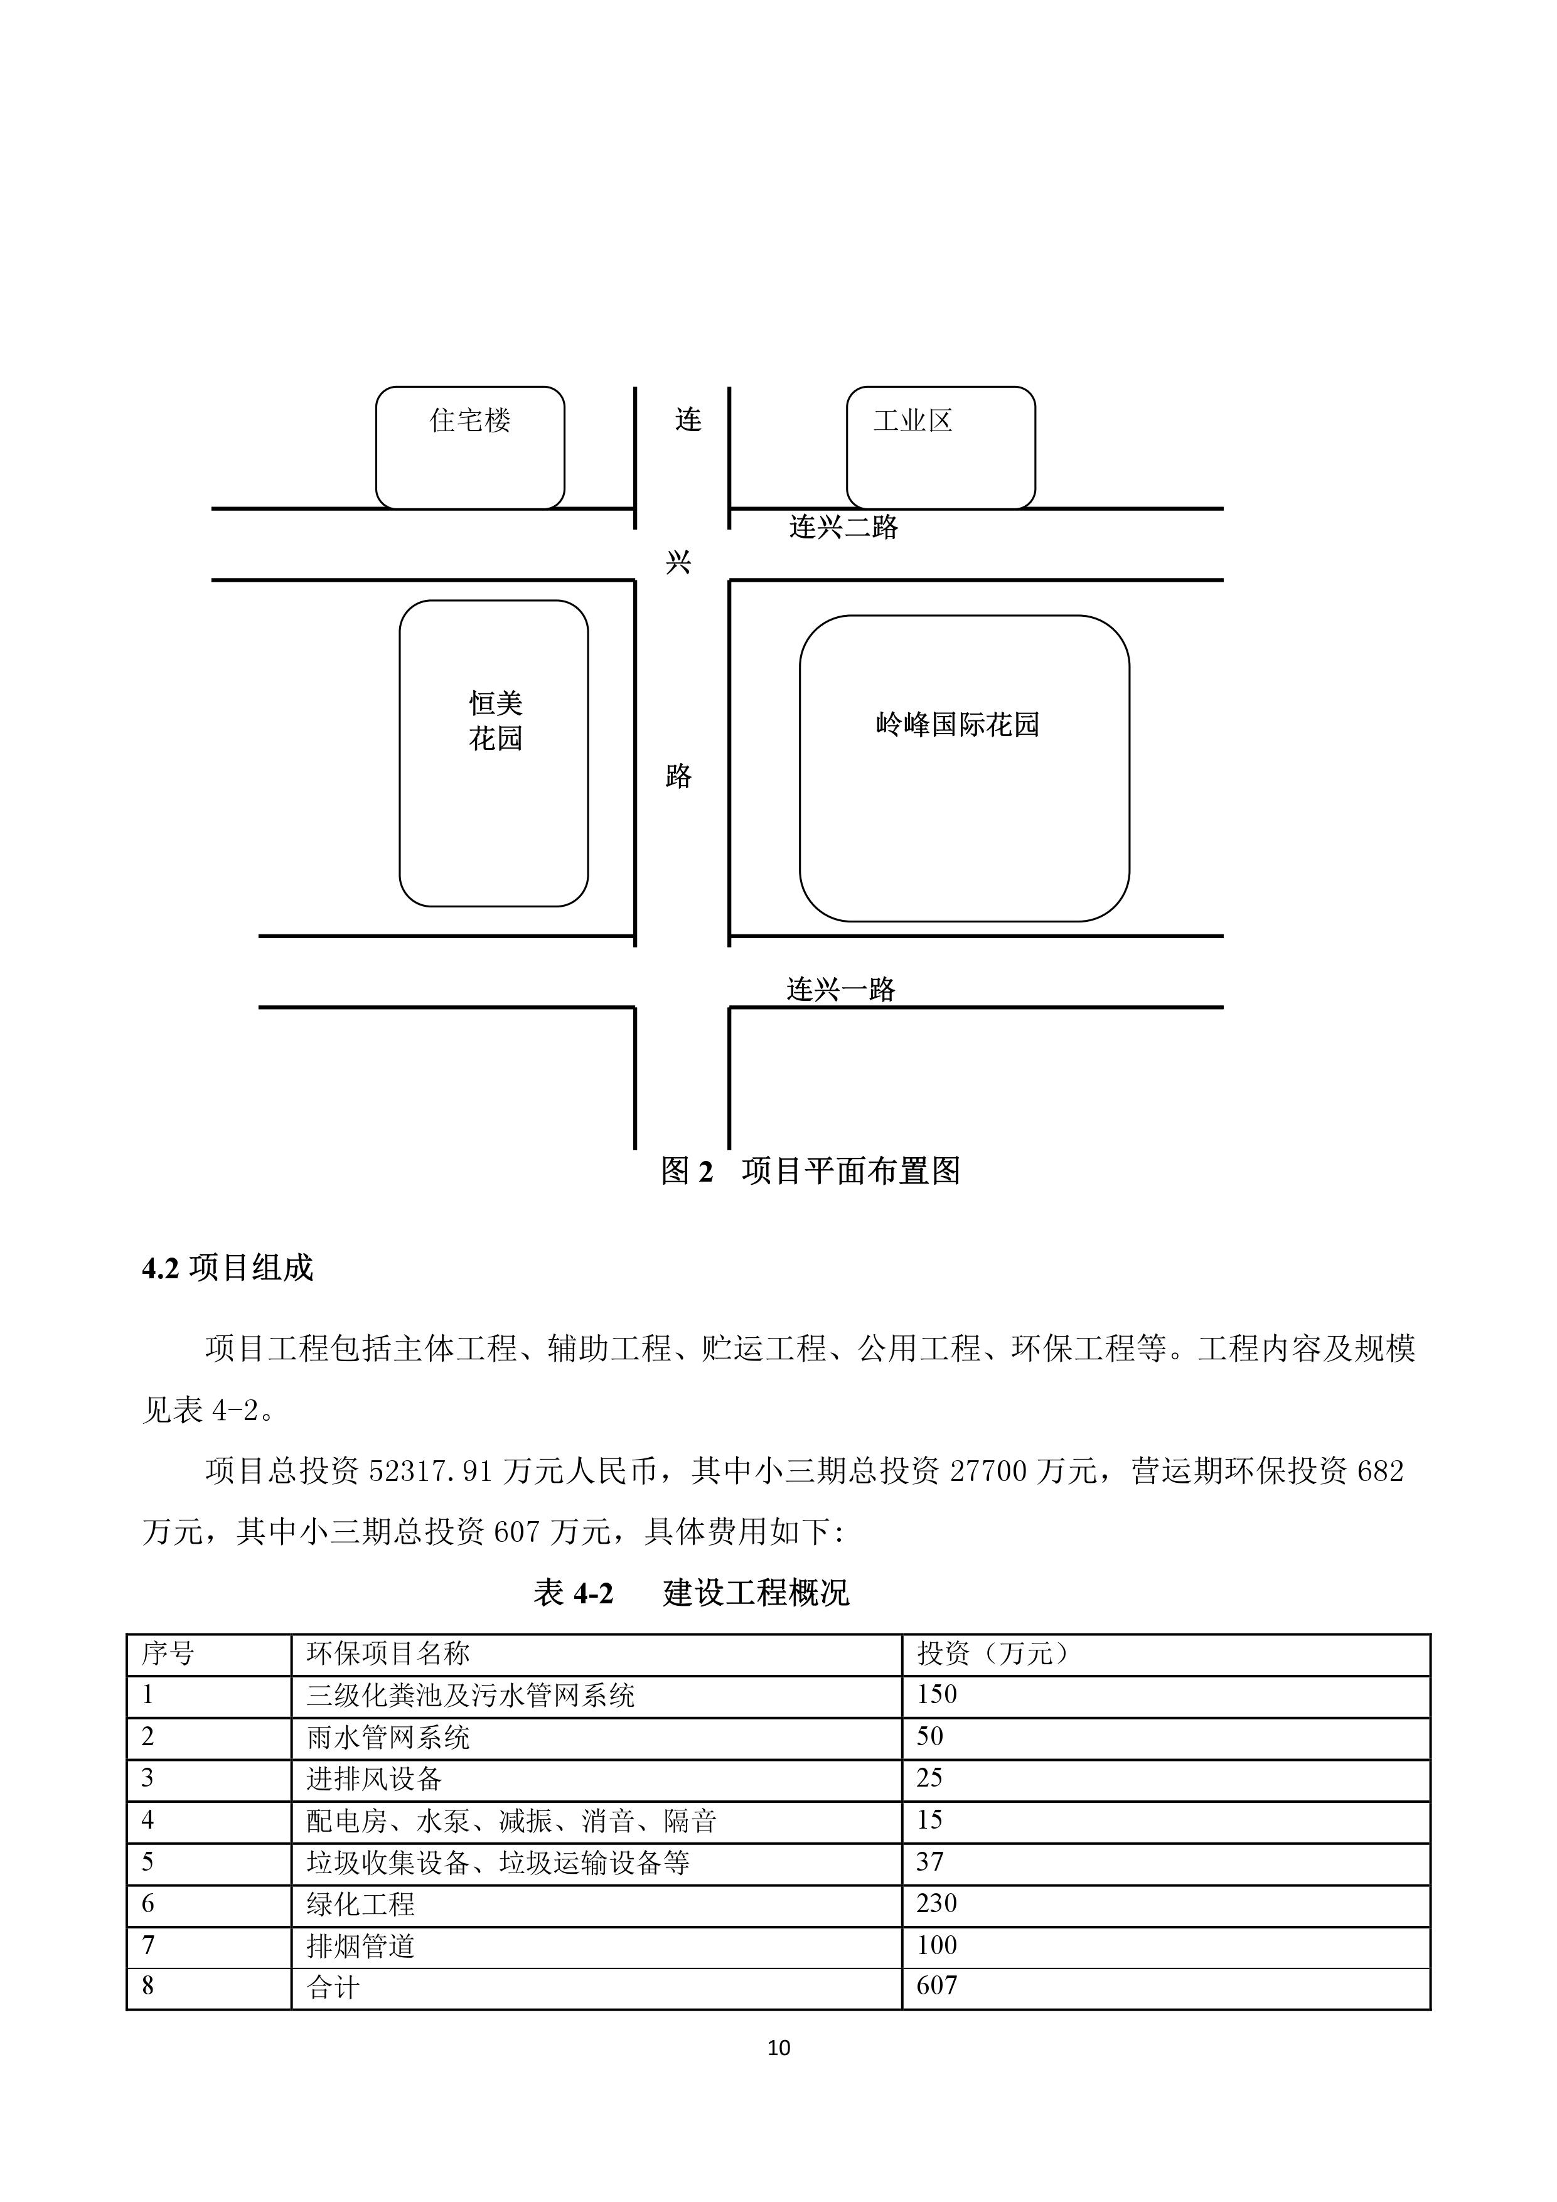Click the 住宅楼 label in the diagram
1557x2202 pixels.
470,420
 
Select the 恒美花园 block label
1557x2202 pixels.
495,721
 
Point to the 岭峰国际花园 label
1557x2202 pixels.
958,724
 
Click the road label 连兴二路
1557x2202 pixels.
843,526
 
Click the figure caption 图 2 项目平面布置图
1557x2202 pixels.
811,1171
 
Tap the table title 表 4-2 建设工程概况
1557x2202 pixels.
691,1593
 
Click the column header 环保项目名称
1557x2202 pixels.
388,1654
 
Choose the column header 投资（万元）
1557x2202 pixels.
993,1654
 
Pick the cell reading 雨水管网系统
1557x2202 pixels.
388,1737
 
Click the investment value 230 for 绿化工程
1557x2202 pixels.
936,1904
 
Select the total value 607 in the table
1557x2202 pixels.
936,1986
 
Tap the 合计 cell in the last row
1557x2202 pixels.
333,1987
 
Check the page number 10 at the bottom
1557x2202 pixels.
779,2048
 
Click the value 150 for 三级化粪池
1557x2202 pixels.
936,1695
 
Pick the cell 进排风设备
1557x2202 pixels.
374,1779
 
